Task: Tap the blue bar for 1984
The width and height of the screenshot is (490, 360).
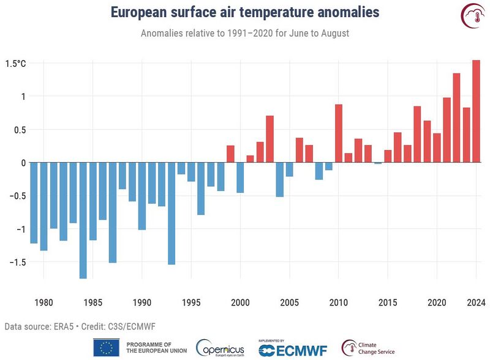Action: coord(83,220)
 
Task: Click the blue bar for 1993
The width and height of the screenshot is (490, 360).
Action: coord(171,214)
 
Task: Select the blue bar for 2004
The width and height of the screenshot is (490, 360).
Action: coord(279,179)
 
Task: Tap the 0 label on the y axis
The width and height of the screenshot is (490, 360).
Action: coord(23,163)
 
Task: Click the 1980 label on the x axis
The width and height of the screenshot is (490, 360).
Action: coord(43,302)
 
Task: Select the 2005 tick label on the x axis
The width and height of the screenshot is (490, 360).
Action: coord(289,302)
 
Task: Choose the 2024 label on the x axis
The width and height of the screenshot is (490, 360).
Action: coord(476,302)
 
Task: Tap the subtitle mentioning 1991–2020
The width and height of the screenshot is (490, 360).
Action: coord(245,33)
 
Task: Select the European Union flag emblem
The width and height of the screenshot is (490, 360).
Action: coord(106,348)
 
